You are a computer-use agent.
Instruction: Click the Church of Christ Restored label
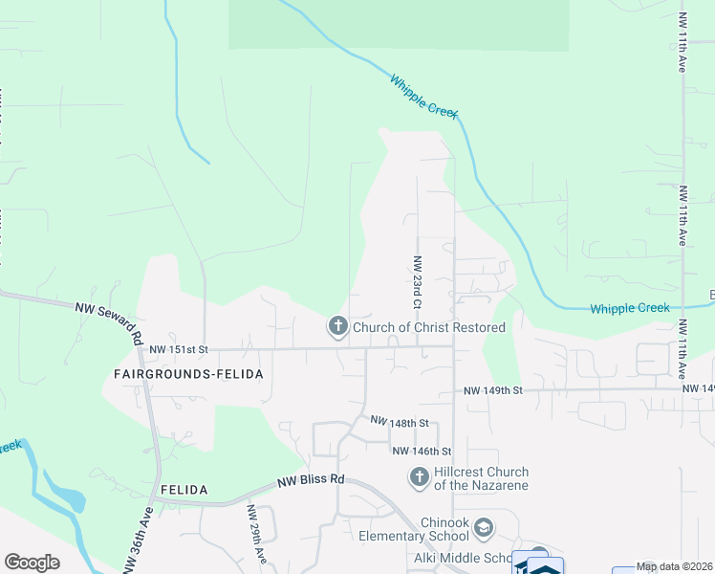[429, 327]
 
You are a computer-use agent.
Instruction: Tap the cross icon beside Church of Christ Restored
[337, 327]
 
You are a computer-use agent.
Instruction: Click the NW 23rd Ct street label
[417, 281]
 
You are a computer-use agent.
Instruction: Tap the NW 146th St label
[421, 451]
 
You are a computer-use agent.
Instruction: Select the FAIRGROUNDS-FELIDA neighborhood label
[187, 374]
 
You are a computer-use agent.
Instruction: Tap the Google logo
[32, 563]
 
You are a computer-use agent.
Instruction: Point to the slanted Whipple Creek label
[423, 97]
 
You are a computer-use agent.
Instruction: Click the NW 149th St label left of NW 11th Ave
[493, 390]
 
